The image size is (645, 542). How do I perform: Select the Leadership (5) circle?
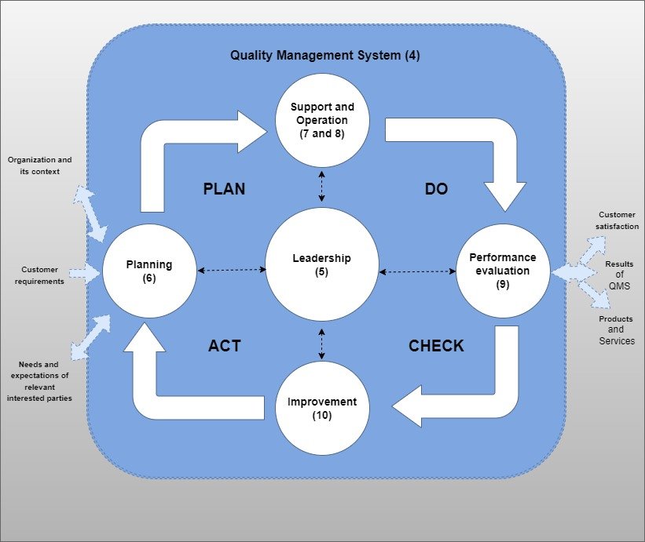(x=321, y=265)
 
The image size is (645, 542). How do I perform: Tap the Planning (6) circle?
(x=149, y=271)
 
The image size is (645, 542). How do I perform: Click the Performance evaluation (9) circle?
(x=503, y=271)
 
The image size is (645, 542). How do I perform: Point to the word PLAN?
(x=224, y=189)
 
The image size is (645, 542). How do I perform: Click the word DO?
(x=436, y=189)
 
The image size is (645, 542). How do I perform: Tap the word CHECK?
(x=436, y=346)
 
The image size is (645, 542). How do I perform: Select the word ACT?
(x=224, y=346)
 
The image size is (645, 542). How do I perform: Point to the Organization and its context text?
(x=34, y=165)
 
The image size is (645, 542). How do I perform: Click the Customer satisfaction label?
(x=618, y=220)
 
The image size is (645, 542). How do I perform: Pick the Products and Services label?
(x=617, y=330)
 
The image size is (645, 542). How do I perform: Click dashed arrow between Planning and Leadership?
(x=232, y=270)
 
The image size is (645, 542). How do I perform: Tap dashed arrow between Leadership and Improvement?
(x=321, y=344)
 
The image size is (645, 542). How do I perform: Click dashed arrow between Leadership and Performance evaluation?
(x=417, y=272)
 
